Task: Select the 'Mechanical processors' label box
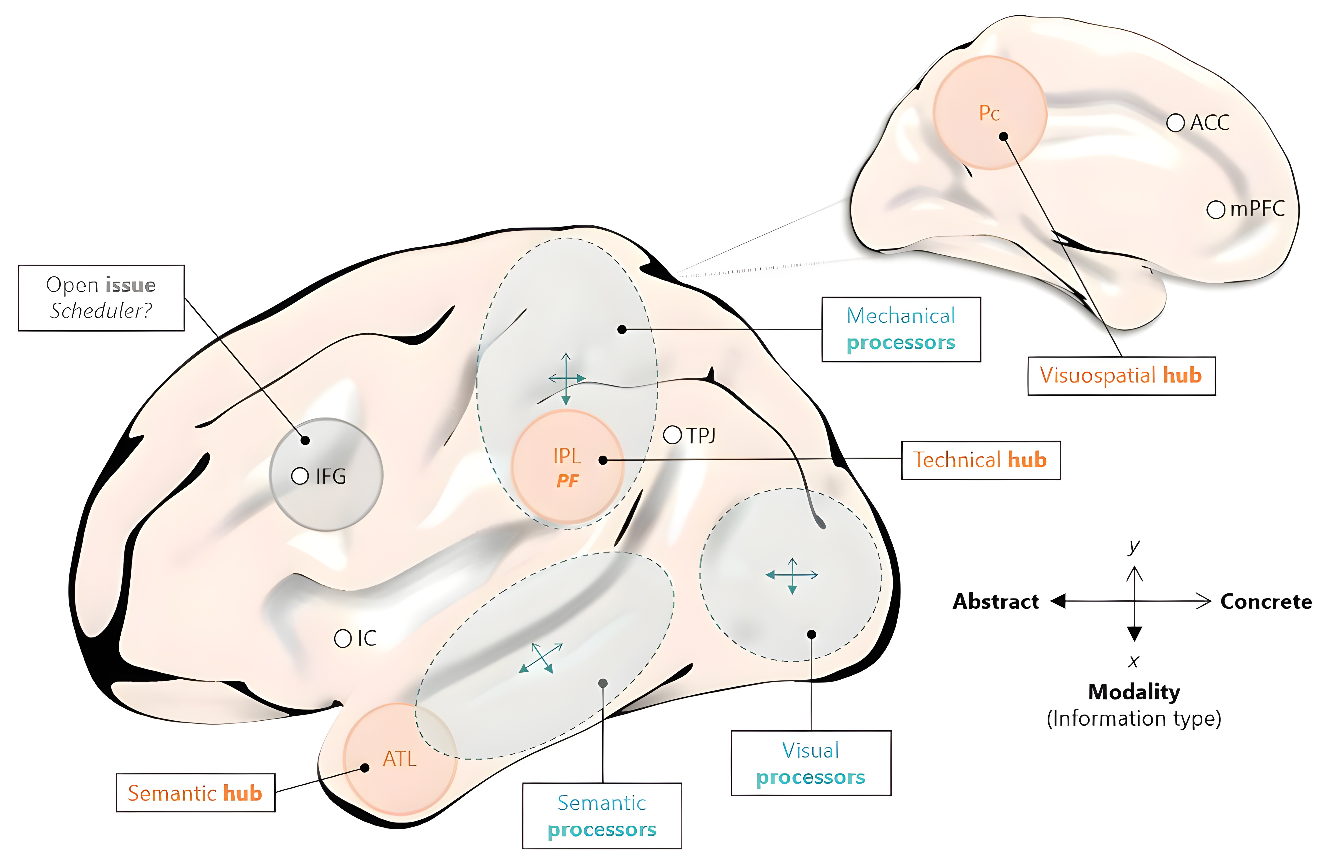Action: pos(901,329)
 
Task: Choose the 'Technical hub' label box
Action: pos(980,460)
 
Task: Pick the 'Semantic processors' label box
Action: pos(601,816)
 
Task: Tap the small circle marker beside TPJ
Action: pos(672,435)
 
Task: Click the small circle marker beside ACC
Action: pos(1175,122)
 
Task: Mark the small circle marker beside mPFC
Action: pos(1215,210)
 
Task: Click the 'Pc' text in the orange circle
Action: pos(989,114)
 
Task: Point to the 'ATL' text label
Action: pos(399,759)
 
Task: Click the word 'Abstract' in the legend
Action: pos(995,602)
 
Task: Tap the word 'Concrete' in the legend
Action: pos(1266,602)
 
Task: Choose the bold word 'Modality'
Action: pos(1134,692)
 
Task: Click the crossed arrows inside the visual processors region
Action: pos(792,575)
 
